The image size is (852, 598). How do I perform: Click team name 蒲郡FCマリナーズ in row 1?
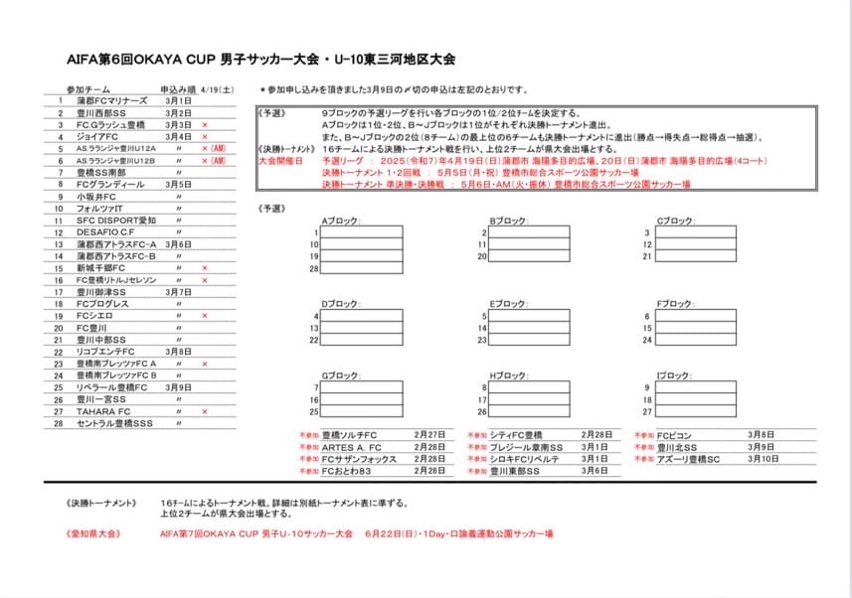pyautogui.click(x=111, y=101)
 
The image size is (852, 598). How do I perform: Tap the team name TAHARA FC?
pyautogui.click(x=103, y=411)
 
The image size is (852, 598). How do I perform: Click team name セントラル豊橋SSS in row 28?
pyautogui.click(x=114, y=423)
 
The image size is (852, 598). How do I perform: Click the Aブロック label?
pyautogui.click(x=340, y=221)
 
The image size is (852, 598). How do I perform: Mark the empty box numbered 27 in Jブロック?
pyautogui.click(x=696, y=411)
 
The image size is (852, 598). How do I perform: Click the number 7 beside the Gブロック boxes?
pyautogui.click(x=315, y=387)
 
